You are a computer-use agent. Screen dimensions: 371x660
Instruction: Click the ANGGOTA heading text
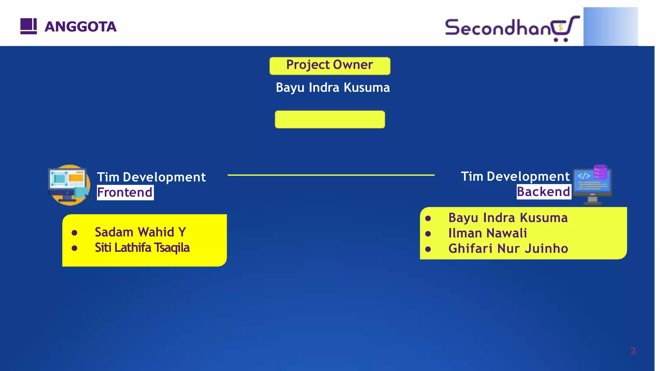point(80,27)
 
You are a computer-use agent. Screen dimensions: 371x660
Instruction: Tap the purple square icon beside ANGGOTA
point(28,26)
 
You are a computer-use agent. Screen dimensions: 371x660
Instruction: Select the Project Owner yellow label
point(330,65)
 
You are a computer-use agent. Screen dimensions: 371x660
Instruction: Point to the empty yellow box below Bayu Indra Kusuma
point(330,119)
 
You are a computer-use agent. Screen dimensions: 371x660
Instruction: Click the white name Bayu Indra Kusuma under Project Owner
point(333,88)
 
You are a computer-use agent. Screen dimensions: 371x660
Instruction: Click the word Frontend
point(125,192)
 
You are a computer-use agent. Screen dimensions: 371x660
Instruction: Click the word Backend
point(543,192)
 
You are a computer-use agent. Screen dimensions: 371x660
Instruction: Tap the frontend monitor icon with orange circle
point(69,185)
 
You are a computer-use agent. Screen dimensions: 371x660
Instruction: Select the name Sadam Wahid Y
point(140,232)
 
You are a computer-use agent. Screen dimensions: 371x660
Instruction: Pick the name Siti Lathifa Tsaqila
point(142,248)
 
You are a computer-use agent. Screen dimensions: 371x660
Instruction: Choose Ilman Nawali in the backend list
point(487,233)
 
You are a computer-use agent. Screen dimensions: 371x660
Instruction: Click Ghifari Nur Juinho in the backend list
point(508,249)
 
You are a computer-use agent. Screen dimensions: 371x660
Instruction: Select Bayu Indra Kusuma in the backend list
point(508,218)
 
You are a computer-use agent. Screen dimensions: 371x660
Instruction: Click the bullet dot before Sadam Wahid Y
point(74,233)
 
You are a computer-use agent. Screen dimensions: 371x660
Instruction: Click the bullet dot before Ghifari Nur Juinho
point(428,249)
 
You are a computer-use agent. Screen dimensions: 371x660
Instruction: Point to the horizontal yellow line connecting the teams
point(331,175)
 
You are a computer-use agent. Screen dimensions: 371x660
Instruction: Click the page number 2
point(633,351)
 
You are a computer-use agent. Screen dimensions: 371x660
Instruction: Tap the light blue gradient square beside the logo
point(610,27)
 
